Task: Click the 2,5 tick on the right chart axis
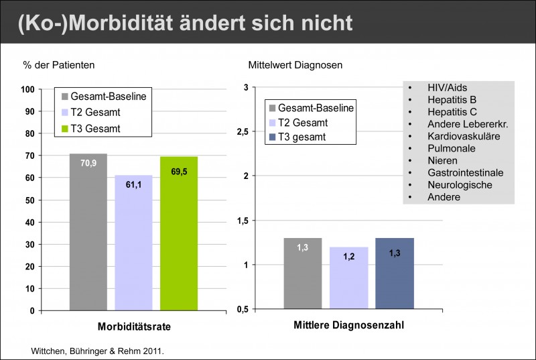pyautogui.click(x=243, y=132)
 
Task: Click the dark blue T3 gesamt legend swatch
pyautogui.click(x=271, y=137)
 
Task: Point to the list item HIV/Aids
pyautogui.click(x=447, y=88)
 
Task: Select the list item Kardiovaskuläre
pyautogui.click(x=463, y=136)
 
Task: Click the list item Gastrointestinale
pyautogui.click(x=465, y=172)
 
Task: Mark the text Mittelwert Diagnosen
pyautogui.click(x=285, y=66)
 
